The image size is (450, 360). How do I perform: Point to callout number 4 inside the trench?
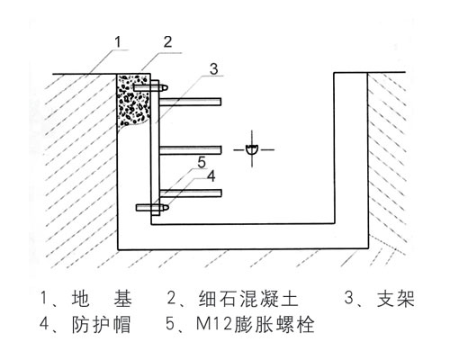tap(211, 177)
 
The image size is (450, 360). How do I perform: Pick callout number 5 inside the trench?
tap(203, 162)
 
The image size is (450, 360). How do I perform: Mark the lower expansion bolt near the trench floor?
tap(151, 208)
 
